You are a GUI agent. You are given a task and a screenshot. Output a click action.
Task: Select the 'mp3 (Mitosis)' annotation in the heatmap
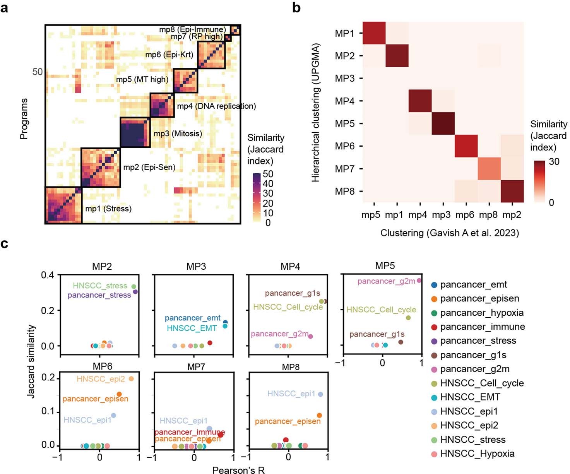click(x=178, y=134)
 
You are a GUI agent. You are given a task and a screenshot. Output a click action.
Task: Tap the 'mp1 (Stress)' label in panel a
click(x=108, y=209)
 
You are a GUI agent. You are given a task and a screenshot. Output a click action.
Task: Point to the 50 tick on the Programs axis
click(x=38, y=72)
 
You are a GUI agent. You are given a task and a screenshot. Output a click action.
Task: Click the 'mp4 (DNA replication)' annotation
click(x=216, y=106)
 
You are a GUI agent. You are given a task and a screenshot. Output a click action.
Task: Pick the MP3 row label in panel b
click(x=344, y=79)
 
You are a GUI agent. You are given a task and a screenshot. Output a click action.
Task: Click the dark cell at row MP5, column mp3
click(x=443, y=124)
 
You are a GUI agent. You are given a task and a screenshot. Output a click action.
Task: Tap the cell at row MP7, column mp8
click(x=489, y=169)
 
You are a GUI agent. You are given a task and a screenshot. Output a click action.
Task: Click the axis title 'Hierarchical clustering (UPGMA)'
click(x=316, y=113)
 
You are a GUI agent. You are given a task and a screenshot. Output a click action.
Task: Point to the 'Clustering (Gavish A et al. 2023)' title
click(x=449, y=233)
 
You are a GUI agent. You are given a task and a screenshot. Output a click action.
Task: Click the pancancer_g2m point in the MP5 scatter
click(x=419, y=281)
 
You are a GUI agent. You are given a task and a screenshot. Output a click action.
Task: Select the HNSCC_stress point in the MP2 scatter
click(x=134, y=287)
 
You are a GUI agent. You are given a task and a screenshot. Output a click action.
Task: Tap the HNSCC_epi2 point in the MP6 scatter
click(x=131, y=379)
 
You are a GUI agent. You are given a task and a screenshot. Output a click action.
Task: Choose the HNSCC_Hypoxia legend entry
click(x=477, y=453)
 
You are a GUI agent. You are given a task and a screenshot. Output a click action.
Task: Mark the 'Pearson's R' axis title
click(x=238, y=470)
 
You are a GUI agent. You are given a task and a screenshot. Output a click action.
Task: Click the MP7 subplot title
click(x=196, y=366)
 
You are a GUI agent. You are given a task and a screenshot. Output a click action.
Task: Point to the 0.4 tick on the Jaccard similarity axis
click(x=48, y=275)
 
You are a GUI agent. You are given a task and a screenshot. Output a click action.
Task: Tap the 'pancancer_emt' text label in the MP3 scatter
click(x=192, y=318)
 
